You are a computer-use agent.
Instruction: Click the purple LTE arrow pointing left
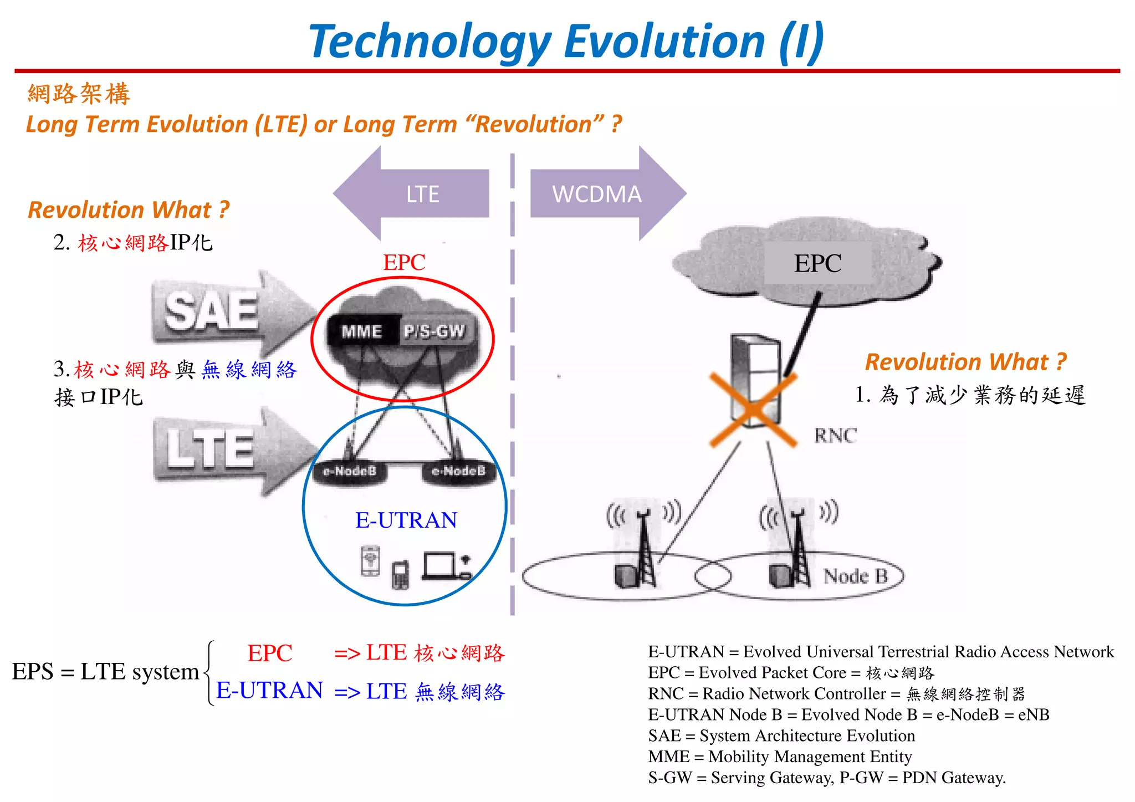click(x=413, y=193)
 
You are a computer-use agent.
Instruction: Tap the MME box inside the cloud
click(x=362, y=331)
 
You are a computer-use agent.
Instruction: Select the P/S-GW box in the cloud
click(x=434, y=331)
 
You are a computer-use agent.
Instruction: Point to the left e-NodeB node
click(x=350, y=471)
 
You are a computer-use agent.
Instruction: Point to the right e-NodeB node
click(x=458, y=471)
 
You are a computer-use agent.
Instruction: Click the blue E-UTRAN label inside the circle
click(x=406, y=520)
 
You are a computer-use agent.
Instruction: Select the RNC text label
click(x=835, y=436)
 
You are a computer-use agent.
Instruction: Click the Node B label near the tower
click(x=855, y=576)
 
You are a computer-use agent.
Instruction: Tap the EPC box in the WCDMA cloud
click(x=817, y=264)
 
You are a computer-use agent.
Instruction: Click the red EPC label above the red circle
click(x=404, y=262)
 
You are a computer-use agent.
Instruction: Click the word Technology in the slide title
click(x=430, y=42)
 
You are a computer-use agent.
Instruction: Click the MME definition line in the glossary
click(x=780, y=757)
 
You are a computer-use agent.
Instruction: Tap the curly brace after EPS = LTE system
click(x=209, y=673)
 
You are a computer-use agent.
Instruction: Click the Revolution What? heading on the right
click(x=965, y=362)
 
